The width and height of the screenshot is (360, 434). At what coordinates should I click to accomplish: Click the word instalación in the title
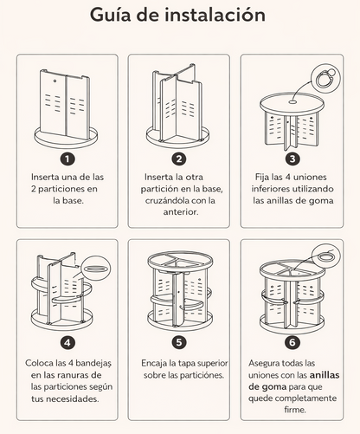coord(219,16)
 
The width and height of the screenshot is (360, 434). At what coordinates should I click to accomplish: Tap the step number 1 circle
coord(68,159)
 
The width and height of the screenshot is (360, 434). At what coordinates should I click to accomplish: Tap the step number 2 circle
coord(179,159)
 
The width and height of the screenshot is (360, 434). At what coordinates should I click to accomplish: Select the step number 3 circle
coord(292,159)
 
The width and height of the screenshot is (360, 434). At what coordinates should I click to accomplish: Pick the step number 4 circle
coord(68,342)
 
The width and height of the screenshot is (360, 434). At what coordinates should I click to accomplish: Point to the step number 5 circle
coord(179,342)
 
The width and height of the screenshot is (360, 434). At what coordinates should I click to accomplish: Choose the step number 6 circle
coord(292,342)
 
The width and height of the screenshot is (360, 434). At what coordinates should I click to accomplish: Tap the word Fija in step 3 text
coord(264,177)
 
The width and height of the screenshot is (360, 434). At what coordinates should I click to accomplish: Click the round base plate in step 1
coord(68,138)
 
